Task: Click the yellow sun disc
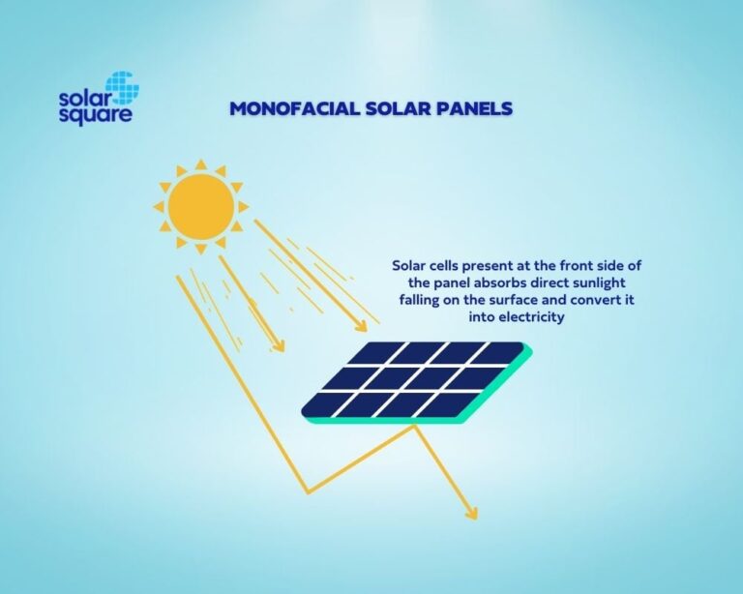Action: click(x=200, y=206)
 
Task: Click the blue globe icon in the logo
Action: click(x=122, y=88)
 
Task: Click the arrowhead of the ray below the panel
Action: click(x=471, y=513)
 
